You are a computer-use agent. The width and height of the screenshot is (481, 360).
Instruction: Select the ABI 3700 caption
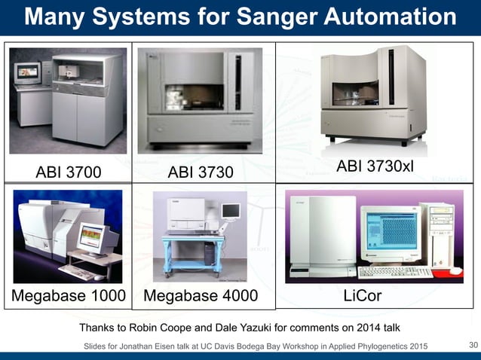coord(69,172)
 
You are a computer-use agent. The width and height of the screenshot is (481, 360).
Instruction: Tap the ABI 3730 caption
coord(201,172)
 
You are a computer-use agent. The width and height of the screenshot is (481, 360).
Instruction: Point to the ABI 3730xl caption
coord(375,165)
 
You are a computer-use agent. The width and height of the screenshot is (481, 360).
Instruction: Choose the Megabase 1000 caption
coord(69,296)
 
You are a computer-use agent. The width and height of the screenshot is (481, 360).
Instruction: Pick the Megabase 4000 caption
coord(201,296)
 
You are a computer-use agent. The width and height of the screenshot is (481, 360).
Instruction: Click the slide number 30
coord(473,346)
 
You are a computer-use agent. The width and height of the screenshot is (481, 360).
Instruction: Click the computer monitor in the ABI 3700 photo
coord(29,72)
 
